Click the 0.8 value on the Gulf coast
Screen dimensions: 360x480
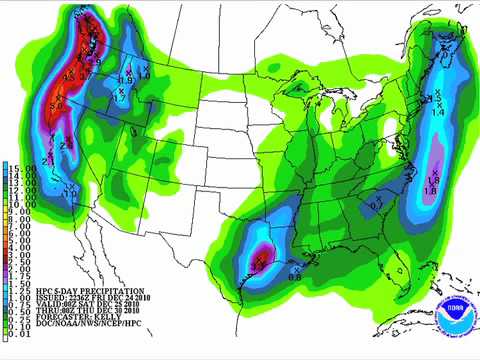point(295,263)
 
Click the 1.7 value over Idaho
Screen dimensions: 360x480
point(119,99)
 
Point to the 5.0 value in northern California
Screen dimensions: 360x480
point(56,102)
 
